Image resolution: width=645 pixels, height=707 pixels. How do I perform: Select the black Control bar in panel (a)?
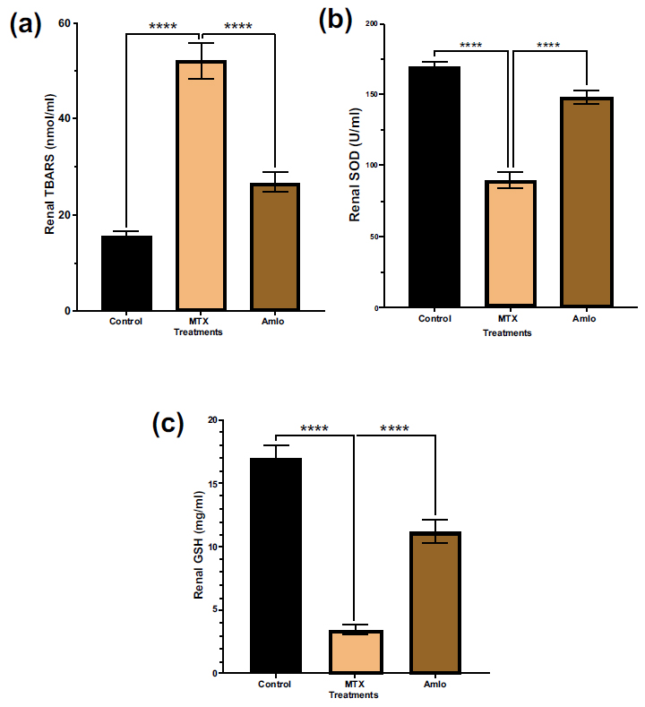point(126,273)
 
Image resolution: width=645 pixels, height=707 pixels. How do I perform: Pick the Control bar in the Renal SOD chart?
point(434,187)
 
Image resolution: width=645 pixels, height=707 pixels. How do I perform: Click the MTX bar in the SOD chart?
point(510,244)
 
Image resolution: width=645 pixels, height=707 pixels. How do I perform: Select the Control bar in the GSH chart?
point(276,565)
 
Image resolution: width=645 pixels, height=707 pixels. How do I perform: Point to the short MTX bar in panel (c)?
point(355,651)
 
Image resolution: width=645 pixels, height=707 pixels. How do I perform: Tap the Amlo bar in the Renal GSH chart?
point(434,602)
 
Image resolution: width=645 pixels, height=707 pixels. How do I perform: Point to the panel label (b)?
point(336,20)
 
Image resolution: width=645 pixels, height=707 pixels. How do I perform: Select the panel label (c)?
point(168,424)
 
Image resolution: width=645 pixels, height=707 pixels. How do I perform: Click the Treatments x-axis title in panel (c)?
point(354,694)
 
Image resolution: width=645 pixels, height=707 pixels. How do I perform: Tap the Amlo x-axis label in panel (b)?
point(584,320)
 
